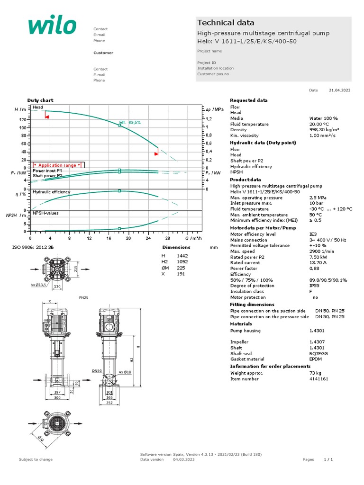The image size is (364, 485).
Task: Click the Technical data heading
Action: (x=226, y=23)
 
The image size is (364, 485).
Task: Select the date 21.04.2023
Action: (x=339, y=90)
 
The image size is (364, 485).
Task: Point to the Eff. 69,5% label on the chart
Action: (x=130, y=122)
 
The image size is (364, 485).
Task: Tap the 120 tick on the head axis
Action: (x=23, y=120)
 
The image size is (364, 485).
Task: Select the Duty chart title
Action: (x=40, y=100)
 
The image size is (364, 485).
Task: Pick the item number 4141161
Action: (x=318, y=379)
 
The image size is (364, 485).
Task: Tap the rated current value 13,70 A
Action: (x=318, y=263)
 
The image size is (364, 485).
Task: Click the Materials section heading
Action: (x=241, y=324)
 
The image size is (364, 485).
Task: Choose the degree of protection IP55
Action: (x=315, y=286)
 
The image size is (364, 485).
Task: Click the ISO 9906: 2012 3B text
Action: (x=33, y=247)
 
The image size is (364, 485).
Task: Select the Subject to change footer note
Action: (x=36, y=459)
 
